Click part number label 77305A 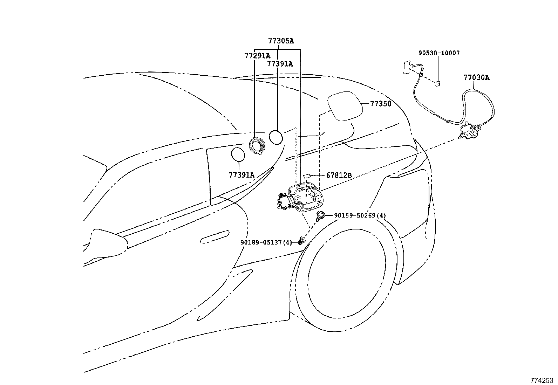pyautogui.click(x=281, y=41)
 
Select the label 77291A pyautogui.click(x=257, y=56)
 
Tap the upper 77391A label pyautogui.click(x=280, y=64)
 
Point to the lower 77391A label pyautogui.click(x=241, y=174)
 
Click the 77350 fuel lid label pyautogui.click(x=381, y=104)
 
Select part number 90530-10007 pyautogui.click(x=439, y=53)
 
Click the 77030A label pyautogui.click(x=476, y=78)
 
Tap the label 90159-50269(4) pyautogui.click(x=360, y=215)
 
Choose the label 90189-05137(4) pyautogui.click(x=266, y=242)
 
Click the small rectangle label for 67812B pyautogui.click(x=307, y=175)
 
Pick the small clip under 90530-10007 pyautogui.click(x=437, y=83)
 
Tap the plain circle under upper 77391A pyautogui.click(x=276, y=137)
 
